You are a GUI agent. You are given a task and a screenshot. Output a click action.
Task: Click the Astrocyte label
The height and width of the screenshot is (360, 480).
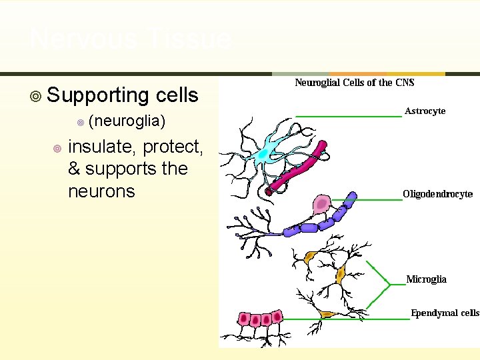point(425,111)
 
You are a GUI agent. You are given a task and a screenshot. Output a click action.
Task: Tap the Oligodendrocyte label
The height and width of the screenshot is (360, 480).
point(437,194)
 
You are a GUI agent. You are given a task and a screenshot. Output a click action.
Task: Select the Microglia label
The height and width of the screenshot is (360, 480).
point(427,279)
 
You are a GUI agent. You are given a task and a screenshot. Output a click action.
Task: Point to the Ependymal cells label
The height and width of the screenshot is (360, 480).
point(445,313)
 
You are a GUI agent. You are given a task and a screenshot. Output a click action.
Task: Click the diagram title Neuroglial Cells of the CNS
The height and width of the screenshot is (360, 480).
point(355,83)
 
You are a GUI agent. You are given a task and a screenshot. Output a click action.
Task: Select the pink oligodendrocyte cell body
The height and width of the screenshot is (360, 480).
point(323,203)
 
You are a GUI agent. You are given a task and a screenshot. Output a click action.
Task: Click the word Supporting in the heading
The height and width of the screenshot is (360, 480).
point(97,95)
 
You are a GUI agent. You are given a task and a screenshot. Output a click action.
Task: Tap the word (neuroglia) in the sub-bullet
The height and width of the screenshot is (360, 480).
point(126,121)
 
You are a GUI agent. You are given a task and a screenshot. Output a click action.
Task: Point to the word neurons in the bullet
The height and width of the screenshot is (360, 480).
point(101,191)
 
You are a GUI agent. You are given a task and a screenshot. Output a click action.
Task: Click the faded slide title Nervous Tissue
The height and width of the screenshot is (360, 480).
point(131,39)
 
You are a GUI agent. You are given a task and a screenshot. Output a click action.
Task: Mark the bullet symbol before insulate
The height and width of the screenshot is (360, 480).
point(57,148)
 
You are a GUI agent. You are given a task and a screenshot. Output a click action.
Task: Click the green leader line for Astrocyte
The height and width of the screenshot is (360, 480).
point(348,116)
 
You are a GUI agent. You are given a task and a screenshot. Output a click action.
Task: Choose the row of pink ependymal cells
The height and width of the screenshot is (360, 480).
point(255,319)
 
